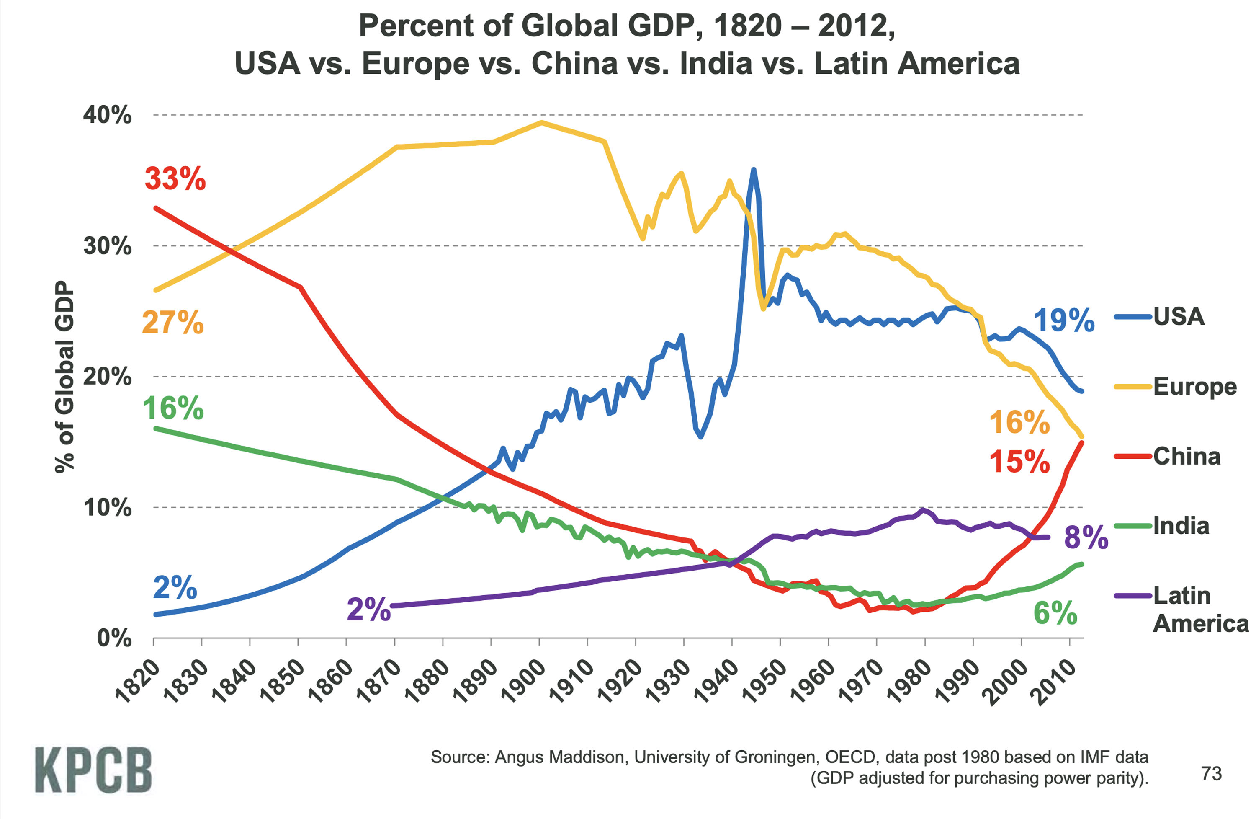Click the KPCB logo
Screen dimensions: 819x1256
93,770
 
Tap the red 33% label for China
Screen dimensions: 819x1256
175,178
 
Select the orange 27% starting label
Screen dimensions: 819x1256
172,322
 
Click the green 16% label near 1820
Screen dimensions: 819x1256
173,408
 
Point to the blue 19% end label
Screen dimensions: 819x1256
1063,320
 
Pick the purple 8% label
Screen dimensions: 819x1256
1086,538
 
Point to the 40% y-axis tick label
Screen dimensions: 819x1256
107,115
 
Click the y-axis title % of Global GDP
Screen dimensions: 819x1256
64,377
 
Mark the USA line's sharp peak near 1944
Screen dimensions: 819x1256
754,170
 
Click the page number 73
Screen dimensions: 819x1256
1212,774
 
